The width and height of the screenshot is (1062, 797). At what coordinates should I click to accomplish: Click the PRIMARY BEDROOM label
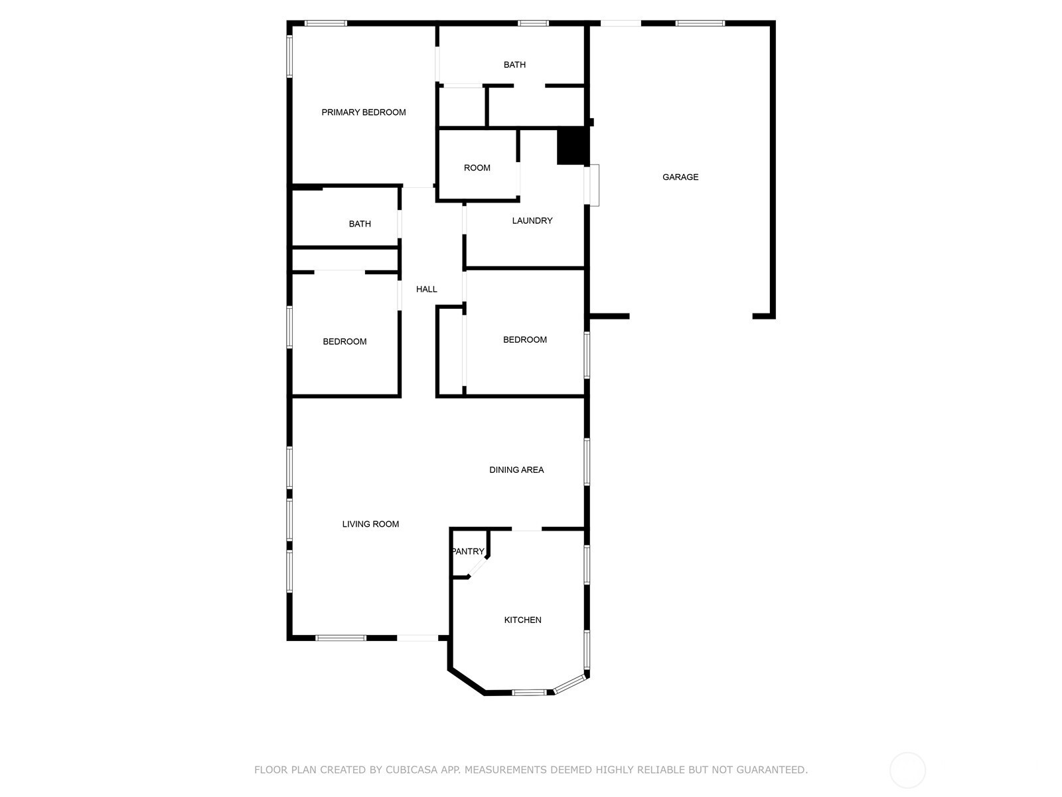point(363,112)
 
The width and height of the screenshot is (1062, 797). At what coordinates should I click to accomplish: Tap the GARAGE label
point(680,177)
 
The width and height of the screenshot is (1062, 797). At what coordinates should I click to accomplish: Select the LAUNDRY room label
point(532,221)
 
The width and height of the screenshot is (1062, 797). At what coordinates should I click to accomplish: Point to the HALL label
point(426,290)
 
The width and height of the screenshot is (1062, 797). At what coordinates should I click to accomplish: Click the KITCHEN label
point(522,620)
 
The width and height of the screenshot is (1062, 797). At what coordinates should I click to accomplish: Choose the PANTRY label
point(468,551)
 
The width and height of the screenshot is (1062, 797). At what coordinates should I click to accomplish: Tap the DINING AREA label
point(516,470)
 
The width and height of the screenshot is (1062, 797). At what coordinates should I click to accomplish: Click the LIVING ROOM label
point(370,524)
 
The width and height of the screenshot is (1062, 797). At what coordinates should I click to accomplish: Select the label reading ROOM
point(477,168)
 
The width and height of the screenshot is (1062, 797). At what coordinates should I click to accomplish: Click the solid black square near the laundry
point(573,145)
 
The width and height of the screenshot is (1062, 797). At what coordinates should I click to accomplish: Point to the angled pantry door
point(479,567)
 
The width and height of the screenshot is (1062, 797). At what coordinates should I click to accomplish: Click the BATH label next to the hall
point(360,224)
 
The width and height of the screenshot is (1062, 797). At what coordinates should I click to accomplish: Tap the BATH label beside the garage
point(514,65)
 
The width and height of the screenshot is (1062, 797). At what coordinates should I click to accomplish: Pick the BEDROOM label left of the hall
point(344,341)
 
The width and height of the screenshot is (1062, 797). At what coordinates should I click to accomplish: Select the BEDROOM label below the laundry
point(524,339)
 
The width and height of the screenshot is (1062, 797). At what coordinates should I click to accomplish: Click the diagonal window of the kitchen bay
point(570,685)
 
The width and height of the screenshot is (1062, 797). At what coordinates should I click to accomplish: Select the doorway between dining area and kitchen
point(526,529)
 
